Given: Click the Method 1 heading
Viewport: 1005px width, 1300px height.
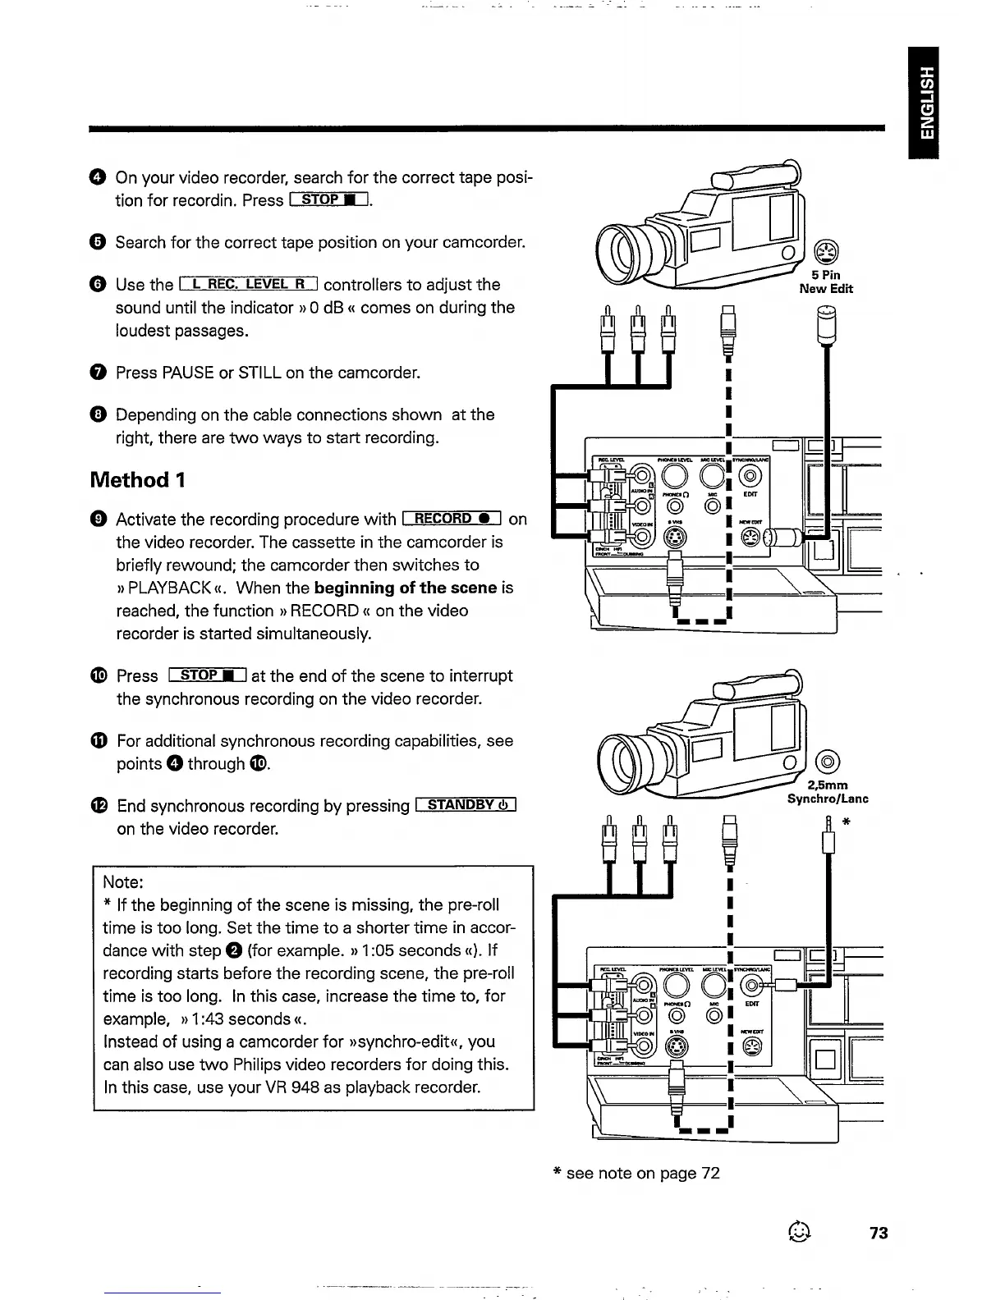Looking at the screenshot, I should pos(137,479).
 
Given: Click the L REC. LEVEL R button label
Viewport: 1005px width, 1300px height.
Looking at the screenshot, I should pos(248,285).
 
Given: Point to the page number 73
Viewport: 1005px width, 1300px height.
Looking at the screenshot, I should pos(879,1233).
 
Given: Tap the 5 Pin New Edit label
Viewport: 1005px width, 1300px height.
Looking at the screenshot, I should pos(826,282).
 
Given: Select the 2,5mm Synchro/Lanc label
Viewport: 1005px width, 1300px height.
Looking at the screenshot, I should pos(828,792).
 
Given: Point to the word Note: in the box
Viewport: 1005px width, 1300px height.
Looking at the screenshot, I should pos(123,882).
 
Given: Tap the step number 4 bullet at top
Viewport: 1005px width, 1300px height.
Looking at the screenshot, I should pos(99,178).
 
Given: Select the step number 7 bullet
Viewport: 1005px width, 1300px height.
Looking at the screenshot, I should pos(99,373).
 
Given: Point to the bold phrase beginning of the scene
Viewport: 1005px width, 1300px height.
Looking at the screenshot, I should pos(406,588).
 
